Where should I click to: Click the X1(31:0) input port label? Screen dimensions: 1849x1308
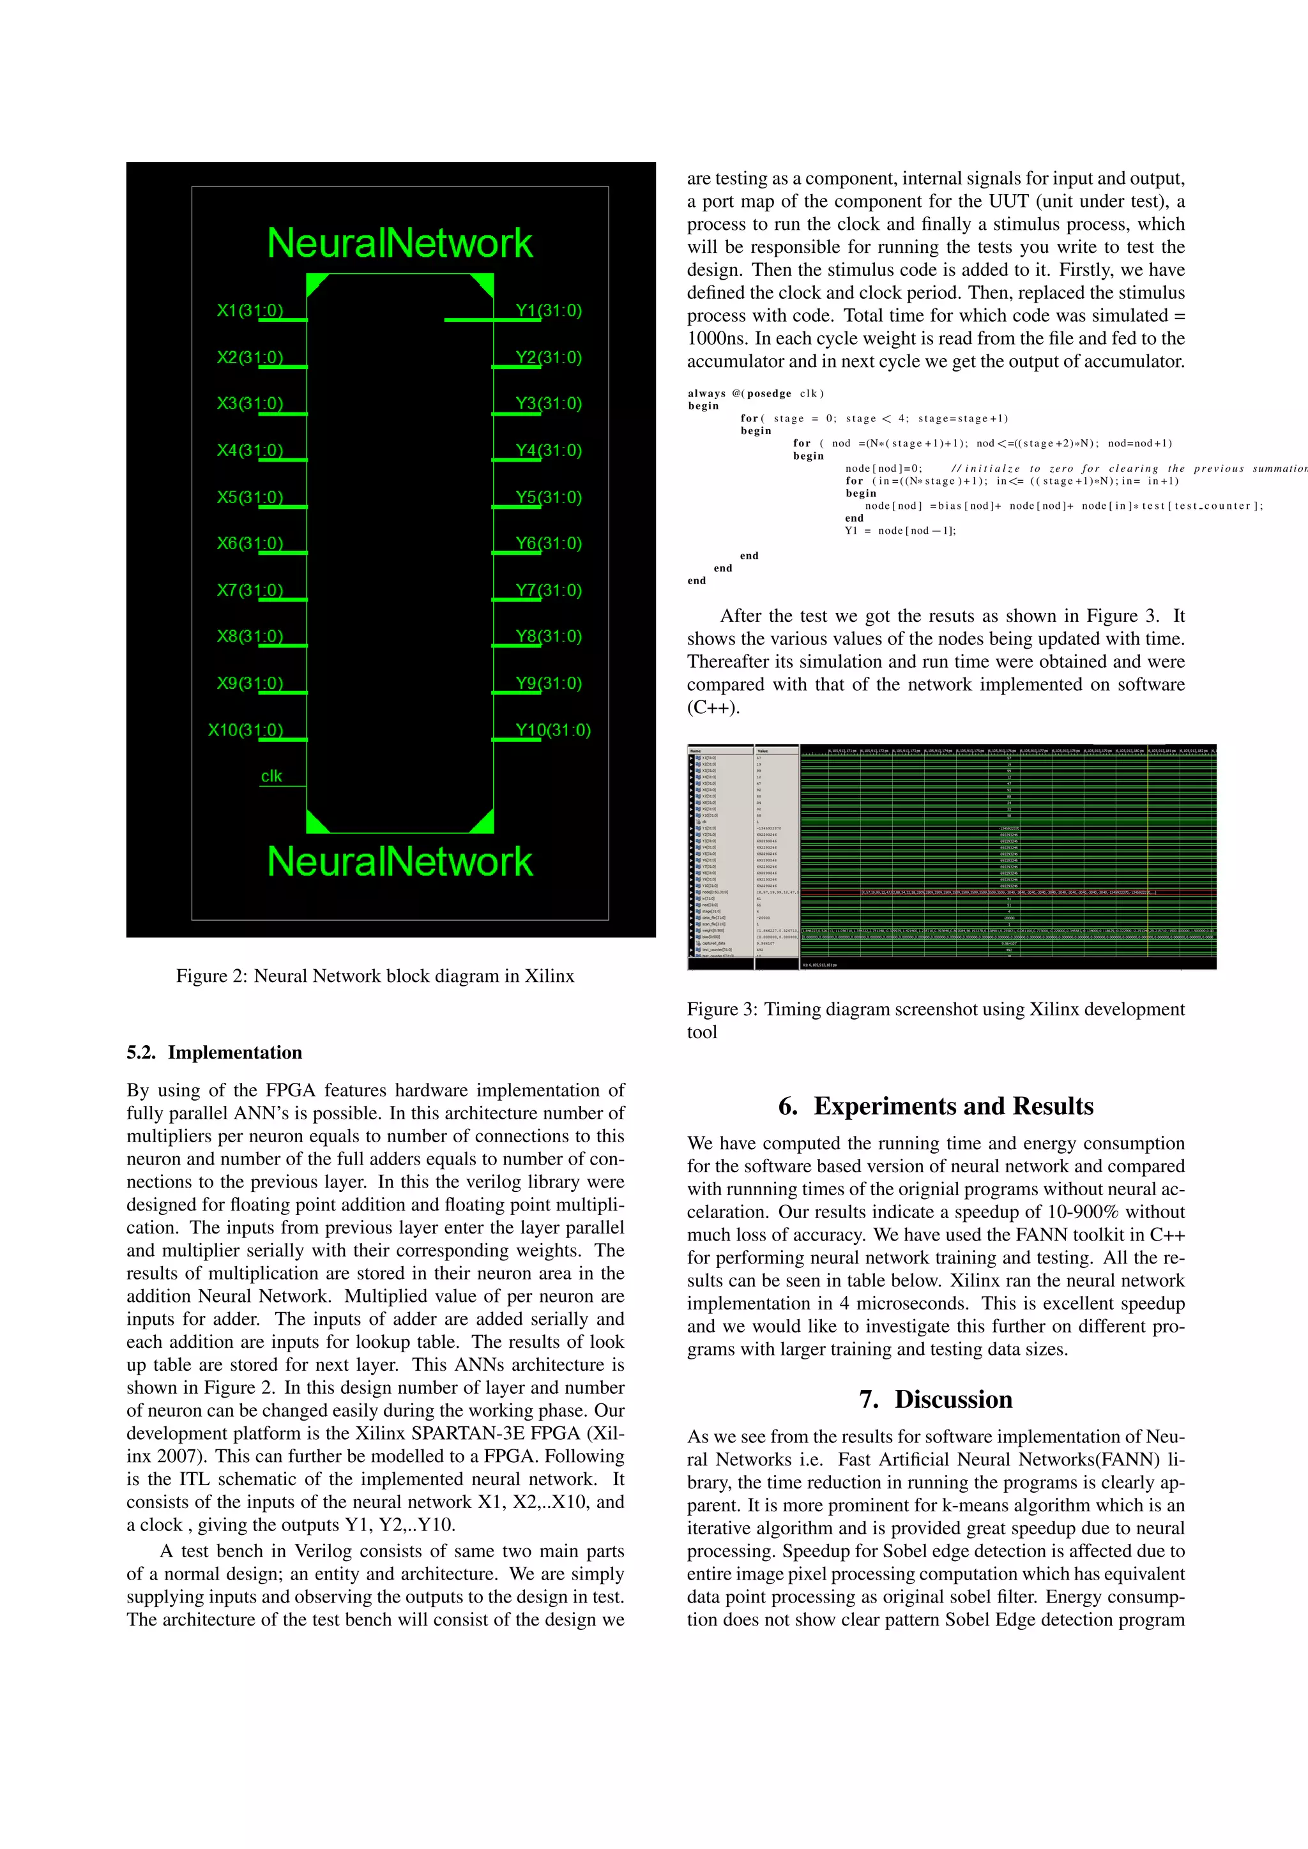tap(250, 310)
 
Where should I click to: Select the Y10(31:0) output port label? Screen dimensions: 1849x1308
tap(552, 730)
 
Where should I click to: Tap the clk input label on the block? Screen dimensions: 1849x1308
tap(271, 776)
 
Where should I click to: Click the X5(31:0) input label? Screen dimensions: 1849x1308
tap(250, 497)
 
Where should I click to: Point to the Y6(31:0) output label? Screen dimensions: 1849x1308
tap(549, 543)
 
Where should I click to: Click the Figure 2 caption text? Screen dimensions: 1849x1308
tap(376, 976)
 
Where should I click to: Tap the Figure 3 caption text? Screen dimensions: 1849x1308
tap(935, 1020)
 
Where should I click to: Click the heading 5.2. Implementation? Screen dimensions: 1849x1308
tap(214, 1053)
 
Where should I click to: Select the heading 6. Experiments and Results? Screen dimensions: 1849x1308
tap(935, 1106)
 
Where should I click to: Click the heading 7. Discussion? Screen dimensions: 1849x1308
tap(935, 1399)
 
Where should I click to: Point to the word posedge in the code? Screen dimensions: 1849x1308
tap(769, 394)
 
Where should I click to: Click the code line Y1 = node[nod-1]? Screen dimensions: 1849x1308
tap(901, 531)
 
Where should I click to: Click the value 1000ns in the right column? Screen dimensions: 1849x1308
tap(716, 338)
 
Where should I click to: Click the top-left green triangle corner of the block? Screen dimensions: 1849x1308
tap(316, 283)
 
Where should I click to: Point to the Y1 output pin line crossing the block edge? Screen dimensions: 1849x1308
tap(493, 320)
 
